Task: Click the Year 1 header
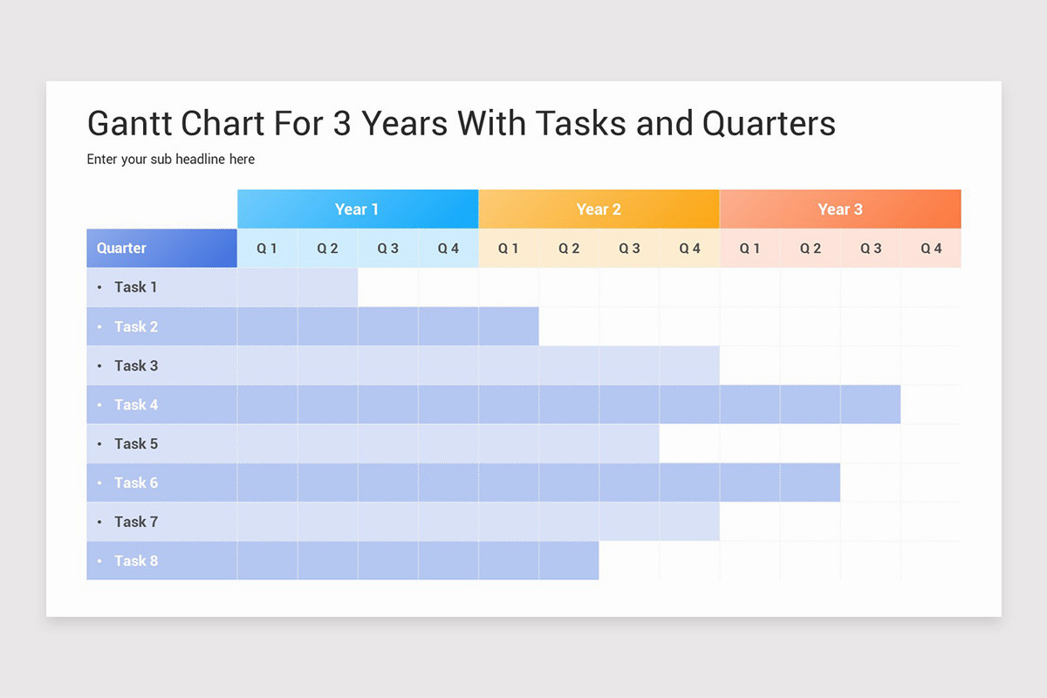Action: point(358,209)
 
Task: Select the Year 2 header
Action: point(599,209)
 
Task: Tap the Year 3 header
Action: point(840,209)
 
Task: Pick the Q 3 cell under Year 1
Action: point(388,249)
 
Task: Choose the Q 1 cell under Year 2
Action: point(509,249)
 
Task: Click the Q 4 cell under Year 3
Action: point(931,249)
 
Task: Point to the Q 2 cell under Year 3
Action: point(811,249)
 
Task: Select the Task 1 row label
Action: point(136,287)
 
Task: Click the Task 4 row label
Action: point(136,405)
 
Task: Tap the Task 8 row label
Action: point(136,561)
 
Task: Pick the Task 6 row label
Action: point(136,482)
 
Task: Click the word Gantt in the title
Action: point(130,124)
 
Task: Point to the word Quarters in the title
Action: point(769,124)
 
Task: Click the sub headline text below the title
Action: point(171,160)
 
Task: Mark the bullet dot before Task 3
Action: point(99,366)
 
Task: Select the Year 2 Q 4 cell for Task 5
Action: point(689,443)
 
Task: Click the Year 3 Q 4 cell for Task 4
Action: point(931,405)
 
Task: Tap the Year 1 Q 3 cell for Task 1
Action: point(388,287)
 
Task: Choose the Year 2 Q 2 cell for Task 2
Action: point(569,326)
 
